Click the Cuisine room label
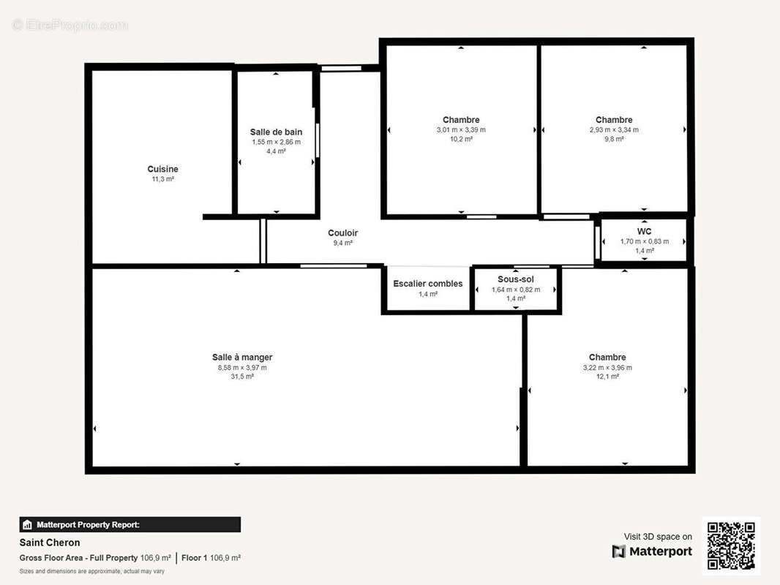tap(162, 169)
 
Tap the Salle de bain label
tap(276, 132)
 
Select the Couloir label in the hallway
tap(342, 233)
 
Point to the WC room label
tap(644, 231)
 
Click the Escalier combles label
tap(428, 283)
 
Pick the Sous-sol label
tap(516, 279)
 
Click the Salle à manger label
tap(242, 357)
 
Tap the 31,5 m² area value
tap(242, 377)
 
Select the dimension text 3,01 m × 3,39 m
tap(461, 129)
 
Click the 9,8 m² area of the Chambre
tap(615, 139)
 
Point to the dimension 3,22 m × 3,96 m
tap(607, 368)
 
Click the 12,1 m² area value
tap(607, 377)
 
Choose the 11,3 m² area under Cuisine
tap(162, 179)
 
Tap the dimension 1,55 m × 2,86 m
tap(276, 142)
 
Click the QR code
tap(731, 546)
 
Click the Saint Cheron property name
tap(50, 543)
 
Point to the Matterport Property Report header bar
tap(130, 524)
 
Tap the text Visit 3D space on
tap(658, 536)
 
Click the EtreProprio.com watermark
tap(70, 25)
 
